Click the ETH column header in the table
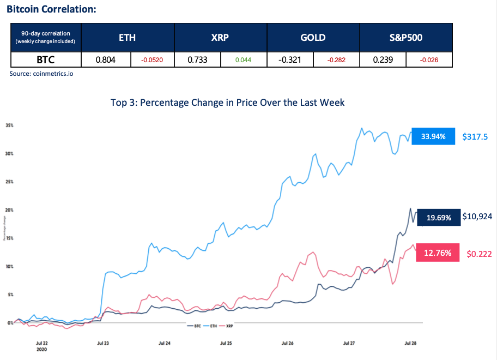pyautogui.click(x=127, y=38)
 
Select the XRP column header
pyautogui.click(x=220, y=38)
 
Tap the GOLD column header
pyautogui.click(x=313, y=38)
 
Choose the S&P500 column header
pyautogui.click(x=406, y=38)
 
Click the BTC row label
pyautogui.click(x=46, y=59)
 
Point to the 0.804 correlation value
pyautogui.click(x=105, y=59)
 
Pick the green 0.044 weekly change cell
pyautogui.click(x=243, y=59)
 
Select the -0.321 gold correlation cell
pyautogui.click(x=290, y=59)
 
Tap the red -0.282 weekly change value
pyautogui.click(x=336, y=59)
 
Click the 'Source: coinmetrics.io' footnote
pyautogui.click(x=41, y=73)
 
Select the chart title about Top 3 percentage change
pyautogui.click(x=227, y=103)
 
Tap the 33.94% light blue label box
pyautogui.click(x=434, y=136)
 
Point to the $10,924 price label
pyautogui.click(x=477, y=217)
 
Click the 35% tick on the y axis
pyautogui.click(x=9, y=125)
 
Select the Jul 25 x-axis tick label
pyautogui.click(x=226, y=344)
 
